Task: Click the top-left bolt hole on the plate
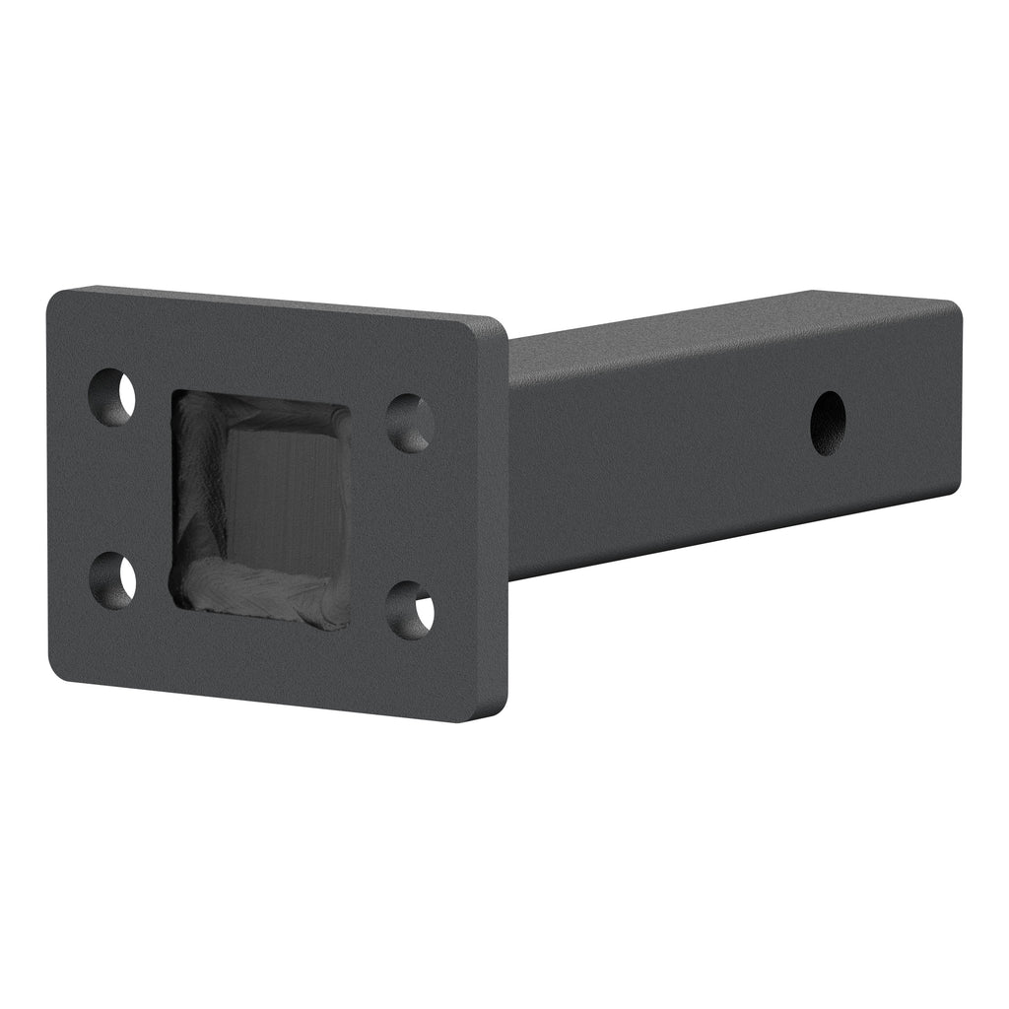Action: [111, 397]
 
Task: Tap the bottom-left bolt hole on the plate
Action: [113, 578]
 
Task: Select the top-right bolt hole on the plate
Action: [410, 423]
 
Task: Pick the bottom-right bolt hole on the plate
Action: [410, 610]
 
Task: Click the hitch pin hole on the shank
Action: [828, 423]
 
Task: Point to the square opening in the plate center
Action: [262, 508]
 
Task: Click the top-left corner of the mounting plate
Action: [55, 297]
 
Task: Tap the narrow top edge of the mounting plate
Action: [276, 302]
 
